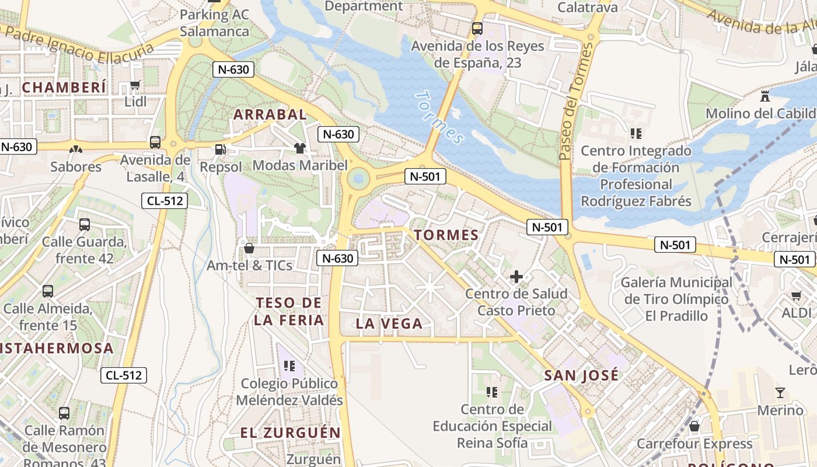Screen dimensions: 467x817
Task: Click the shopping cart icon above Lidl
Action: [135, 85]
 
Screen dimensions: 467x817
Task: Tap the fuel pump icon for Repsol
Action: [220, 149]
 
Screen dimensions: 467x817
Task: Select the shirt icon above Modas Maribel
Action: [300, 148]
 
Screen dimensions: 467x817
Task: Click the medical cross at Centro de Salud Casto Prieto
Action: [516, 277]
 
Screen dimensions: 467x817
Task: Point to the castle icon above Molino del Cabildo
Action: [765, 96]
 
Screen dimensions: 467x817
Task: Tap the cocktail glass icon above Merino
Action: [780, 392]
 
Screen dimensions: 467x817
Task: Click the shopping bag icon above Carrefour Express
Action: [694, 427]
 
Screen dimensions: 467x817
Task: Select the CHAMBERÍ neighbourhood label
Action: [64, 88]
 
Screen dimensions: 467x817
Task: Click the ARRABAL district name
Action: [270, 114]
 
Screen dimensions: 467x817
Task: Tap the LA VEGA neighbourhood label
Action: [389, 323]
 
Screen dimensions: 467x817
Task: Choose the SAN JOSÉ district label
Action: [581, 375]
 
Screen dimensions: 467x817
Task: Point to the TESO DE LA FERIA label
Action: [289, 311]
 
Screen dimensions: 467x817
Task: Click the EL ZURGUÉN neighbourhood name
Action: [290, 433]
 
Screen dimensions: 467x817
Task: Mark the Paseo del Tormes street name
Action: [575, 102]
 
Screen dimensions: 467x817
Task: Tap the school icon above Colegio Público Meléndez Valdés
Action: [289, 366]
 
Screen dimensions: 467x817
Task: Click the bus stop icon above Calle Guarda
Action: [85, 224]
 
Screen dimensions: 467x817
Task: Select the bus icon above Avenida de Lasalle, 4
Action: [155, 142]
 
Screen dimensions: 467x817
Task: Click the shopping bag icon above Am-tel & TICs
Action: [249, 248]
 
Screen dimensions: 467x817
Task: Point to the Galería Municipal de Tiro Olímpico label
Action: [676, 299]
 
